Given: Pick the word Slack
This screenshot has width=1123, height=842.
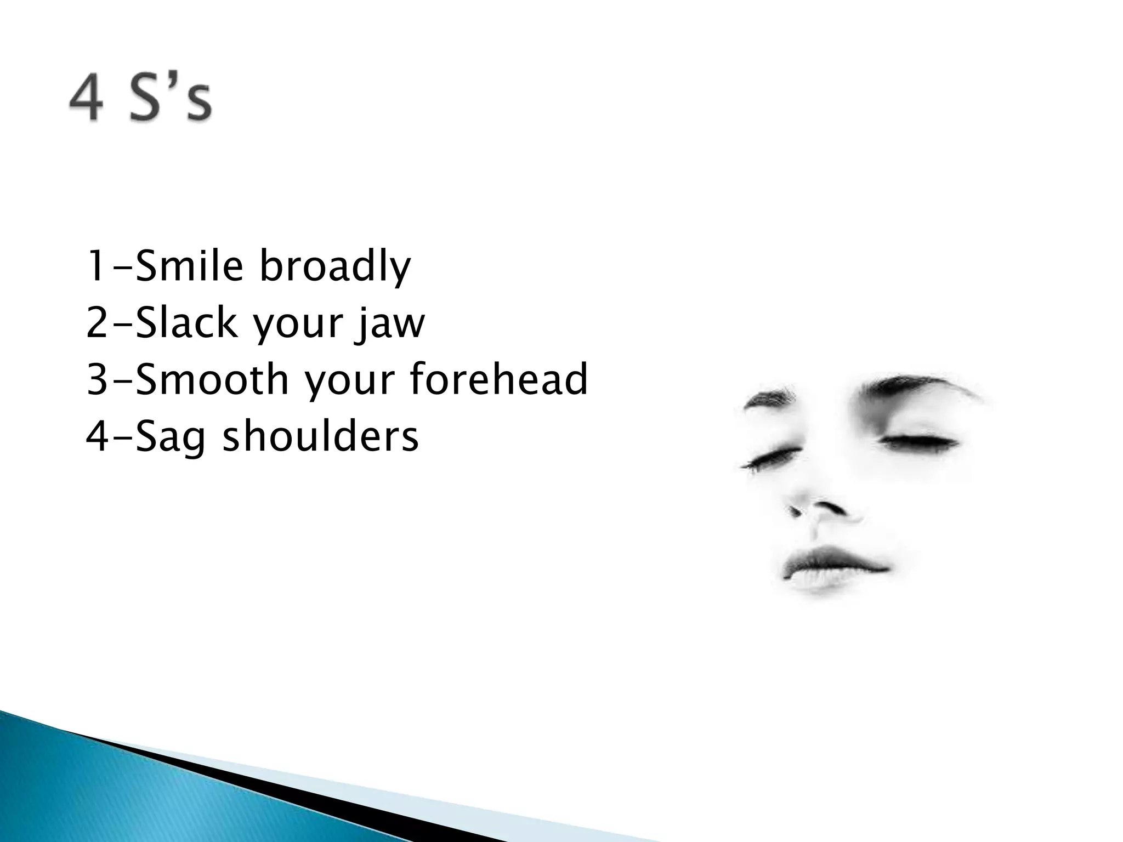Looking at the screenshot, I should [186, 323].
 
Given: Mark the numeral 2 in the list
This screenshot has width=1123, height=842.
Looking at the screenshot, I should [97, 323].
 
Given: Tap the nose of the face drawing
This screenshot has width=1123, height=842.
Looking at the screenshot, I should [823, 513].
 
